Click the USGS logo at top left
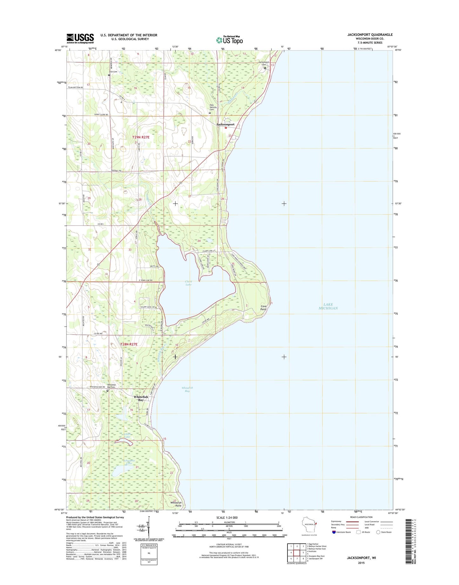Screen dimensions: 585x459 (x=80, y=38)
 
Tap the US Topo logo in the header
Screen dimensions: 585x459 (x=229, y=40)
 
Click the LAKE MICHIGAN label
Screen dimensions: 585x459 (x=328, y=306)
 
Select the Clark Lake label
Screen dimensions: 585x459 (x=188, y=283)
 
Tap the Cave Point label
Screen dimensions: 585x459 (x=263, y=307)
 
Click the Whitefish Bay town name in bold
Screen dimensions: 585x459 (x=141, y=398)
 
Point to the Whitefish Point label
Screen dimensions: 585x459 (x=176, y=504)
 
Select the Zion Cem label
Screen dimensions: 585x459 (x=113, y=72)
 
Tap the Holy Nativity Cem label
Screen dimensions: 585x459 (x=213, y=108)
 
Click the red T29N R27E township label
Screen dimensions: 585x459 (x=141, y=137)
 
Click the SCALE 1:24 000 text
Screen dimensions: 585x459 (x=227, y=518)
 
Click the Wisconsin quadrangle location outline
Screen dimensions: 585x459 (x=309, y=528)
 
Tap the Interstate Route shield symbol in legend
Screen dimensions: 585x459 (x=334, y=532)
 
